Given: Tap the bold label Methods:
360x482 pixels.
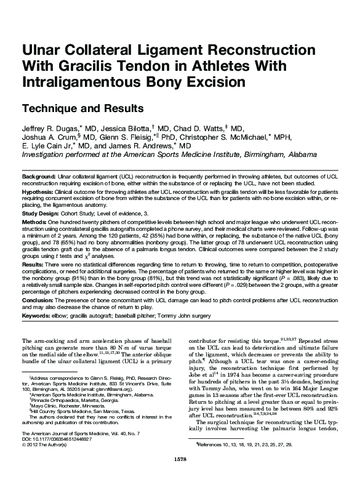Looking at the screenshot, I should tap(34, 221).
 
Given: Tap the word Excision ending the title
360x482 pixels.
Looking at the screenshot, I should tap(207, 81).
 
